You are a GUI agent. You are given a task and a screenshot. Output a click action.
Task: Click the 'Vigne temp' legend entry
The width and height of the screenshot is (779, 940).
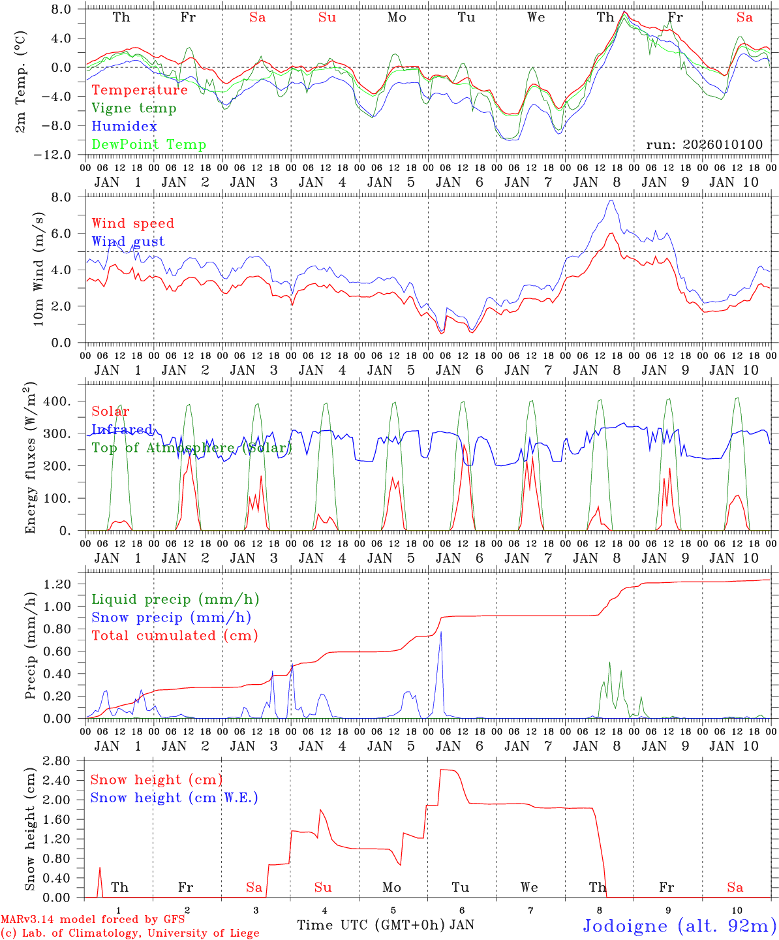(134, 108)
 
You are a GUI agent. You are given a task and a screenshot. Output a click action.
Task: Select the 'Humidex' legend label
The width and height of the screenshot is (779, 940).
(124, 127)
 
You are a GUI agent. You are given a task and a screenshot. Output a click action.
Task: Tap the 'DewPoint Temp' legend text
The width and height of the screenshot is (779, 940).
(149, 145)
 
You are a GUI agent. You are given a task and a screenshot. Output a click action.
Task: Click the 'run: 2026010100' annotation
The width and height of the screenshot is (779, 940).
(705, 145)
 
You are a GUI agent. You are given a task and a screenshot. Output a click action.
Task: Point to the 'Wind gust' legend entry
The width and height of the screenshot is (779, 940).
(128, 242)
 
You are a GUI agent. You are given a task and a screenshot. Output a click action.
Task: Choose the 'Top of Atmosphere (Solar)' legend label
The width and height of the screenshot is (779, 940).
(192, 448)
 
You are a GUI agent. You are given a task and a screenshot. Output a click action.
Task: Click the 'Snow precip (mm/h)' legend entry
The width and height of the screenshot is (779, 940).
(171, 618)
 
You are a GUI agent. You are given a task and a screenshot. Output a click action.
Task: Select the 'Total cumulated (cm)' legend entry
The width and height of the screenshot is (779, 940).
(174, 636)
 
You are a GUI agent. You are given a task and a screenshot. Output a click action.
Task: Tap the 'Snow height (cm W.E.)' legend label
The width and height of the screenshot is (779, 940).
(174, 798)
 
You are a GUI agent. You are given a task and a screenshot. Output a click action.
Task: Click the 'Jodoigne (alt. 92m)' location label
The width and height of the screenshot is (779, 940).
(679, 926)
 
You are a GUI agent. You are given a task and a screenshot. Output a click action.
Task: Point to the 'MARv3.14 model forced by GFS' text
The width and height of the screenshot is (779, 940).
(93, 920)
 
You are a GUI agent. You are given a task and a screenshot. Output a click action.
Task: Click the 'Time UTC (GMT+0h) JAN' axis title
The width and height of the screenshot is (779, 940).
(385, 925)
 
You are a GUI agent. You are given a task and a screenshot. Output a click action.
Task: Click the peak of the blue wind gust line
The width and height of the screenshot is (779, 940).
(611, 200)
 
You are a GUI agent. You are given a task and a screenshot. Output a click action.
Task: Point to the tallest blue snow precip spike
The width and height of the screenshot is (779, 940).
(441, 632)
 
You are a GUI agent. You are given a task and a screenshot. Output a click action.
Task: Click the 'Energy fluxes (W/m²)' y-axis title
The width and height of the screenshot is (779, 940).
(29, 459)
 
